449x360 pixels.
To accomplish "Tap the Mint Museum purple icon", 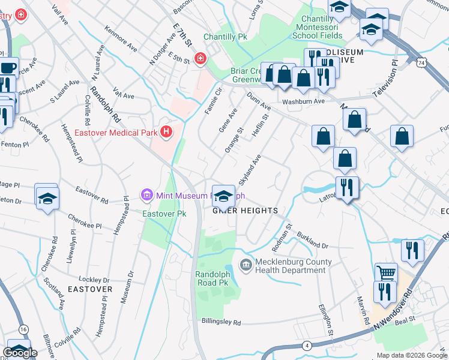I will coord(146,195).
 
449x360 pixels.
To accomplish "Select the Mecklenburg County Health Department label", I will coord(293,266).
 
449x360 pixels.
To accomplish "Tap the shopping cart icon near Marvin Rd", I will coord(385,272).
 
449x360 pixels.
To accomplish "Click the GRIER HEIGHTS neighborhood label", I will coord(245,211).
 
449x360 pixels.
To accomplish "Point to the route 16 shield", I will coord(23,329).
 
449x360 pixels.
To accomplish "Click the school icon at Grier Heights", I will coord(224,196).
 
